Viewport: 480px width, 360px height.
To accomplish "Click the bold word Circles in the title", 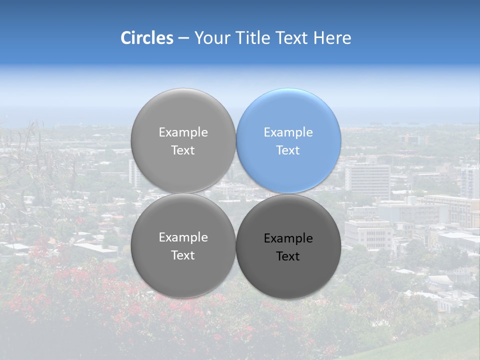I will coord(147,38).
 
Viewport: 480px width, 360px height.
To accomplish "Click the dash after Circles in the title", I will coord(183,38).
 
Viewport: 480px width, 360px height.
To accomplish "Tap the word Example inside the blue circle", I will coord(288,132).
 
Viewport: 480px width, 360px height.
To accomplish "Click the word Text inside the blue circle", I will coord(288,150).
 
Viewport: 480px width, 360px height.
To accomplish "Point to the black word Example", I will coord(288,238).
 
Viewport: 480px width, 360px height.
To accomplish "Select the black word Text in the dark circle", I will coord(288,256).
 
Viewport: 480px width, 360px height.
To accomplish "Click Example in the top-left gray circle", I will coord(183,132).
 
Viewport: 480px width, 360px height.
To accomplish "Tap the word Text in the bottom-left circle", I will coord(183,255).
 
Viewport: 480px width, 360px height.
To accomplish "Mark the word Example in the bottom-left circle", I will coord(183,237).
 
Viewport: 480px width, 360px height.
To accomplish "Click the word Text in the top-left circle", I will coord(183,150).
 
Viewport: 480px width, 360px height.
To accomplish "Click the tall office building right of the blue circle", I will coord(367,180).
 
